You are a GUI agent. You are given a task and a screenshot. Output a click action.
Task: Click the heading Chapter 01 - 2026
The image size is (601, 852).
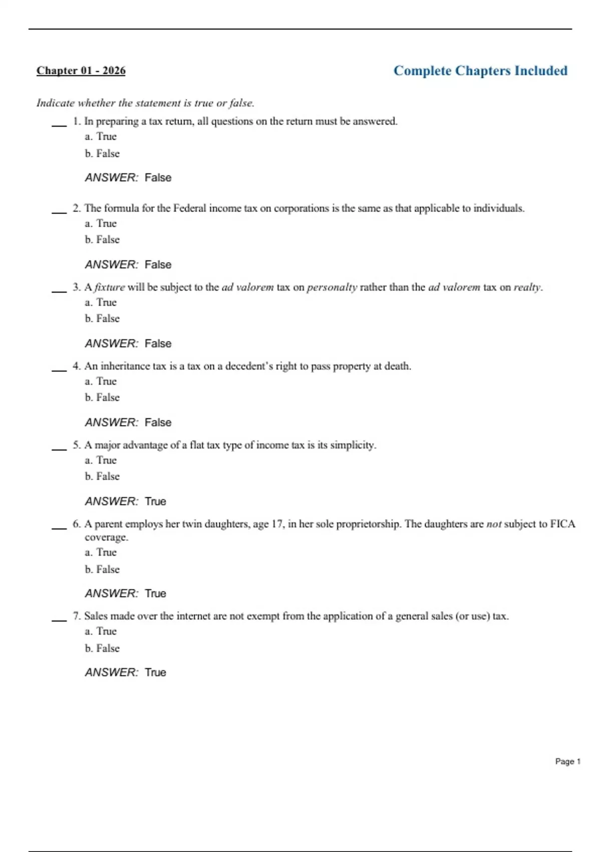pyautogui.click(x=81, y=71)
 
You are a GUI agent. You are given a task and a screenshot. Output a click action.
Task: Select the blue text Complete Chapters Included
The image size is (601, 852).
pyautogui.click(x=480, y=71)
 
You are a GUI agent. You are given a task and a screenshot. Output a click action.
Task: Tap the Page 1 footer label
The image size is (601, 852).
pyautogui.click(x=567, y=761)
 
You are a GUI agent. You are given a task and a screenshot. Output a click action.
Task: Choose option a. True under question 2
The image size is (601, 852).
pyautogui.click(x=101, y=224)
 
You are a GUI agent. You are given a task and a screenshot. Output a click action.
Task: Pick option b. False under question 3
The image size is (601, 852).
pyautogui.click(x=102, y=319)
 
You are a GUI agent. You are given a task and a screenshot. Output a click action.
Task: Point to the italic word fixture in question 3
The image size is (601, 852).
pyautogui.click(x=110, y=287)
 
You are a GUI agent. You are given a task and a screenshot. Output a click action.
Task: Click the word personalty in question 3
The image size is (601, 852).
pyautogui.click(x=332, y=287)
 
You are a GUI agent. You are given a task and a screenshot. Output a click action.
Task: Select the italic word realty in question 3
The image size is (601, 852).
pyautogui.click(x=527, y=287)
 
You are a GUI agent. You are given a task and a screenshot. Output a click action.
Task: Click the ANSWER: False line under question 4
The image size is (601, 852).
pyautogui.click(x=128, y=422)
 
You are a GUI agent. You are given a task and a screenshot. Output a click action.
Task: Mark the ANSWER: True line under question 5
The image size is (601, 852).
pyautogui.click(x=126, y=501)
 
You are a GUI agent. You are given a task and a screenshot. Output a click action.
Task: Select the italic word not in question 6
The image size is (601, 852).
pyautogui.click(x=494, y=524)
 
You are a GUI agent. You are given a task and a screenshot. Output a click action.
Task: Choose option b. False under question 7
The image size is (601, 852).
pyautogui.click(x=102, y=649)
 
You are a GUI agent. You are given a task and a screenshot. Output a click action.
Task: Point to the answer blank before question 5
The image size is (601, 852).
pyautogui.click(x=59, y=449)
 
